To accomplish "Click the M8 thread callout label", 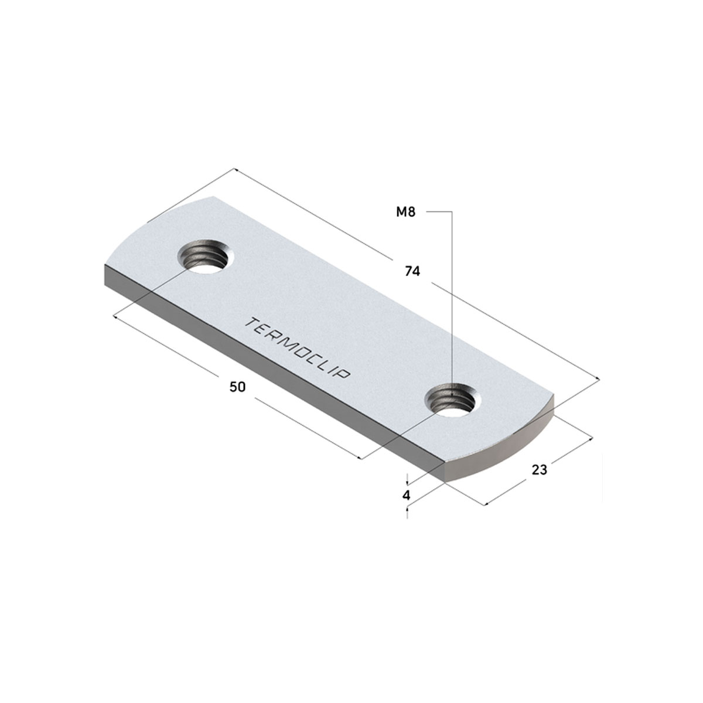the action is pos(405,211).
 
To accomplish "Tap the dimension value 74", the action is pos(412,271).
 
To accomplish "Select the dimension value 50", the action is pos(237,387).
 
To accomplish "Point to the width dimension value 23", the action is pos(540,470).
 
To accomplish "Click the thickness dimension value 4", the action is pos(407,496).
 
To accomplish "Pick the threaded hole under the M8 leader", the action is pos(453,400).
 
